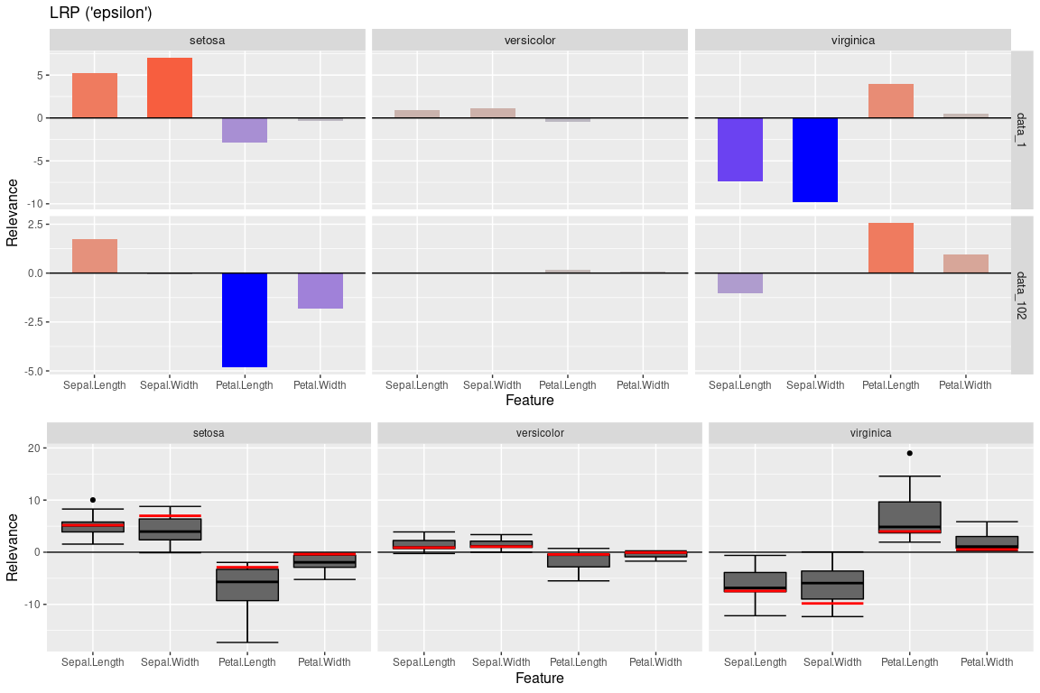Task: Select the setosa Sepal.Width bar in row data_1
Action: coord(170,88)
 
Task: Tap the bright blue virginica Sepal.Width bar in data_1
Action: coord(815,160)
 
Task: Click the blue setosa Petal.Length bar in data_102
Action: coord(245,319)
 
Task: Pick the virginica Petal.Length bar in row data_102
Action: coord(891,248)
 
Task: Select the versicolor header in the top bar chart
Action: coord(530,40)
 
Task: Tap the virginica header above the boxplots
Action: coord(870,432)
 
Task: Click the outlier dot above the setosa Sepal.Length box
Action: coord(93,500)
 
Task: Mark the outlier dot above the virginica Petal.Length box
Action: coord(909,453)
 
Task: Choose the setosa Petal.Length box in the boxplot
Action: coord(247,585)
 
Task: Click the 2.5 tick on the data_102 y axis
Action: coord(34,224)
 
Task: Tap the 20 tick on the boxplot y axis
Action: coord(32,448)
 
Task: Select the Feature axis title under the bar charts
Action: coord(529,400)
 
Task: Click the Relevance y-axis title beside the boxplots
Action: coord(13,547)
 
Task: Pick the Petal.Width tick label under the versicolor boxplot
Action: coord(655,662)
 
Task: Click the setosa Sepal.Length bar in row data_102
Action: coord(95,256)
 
